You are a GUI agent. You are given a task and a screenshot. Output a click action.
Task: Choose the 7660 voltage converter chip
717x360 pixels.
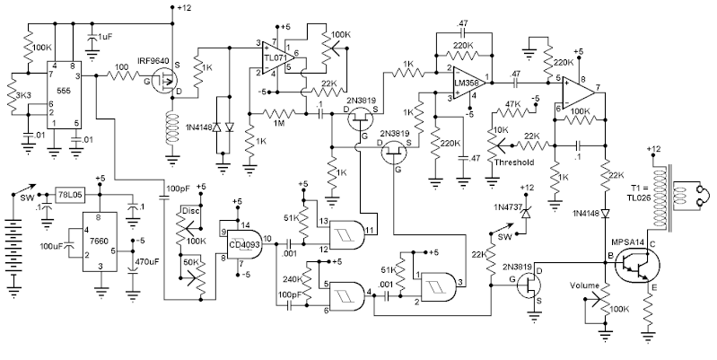point(101,239)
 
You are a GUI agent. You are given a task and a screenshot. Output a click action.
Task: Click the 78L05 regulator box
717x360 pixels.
point(70,194)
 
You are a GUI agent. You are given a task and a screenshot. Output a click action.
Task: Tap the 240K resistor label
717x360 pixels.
point(292,279)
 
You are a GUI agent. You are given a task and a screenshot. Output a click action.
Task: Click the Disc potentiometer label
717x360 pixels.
point(189,212)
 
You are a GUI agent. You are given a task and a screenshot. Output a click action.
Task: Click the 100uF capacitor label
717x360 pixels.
point(50,245)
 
